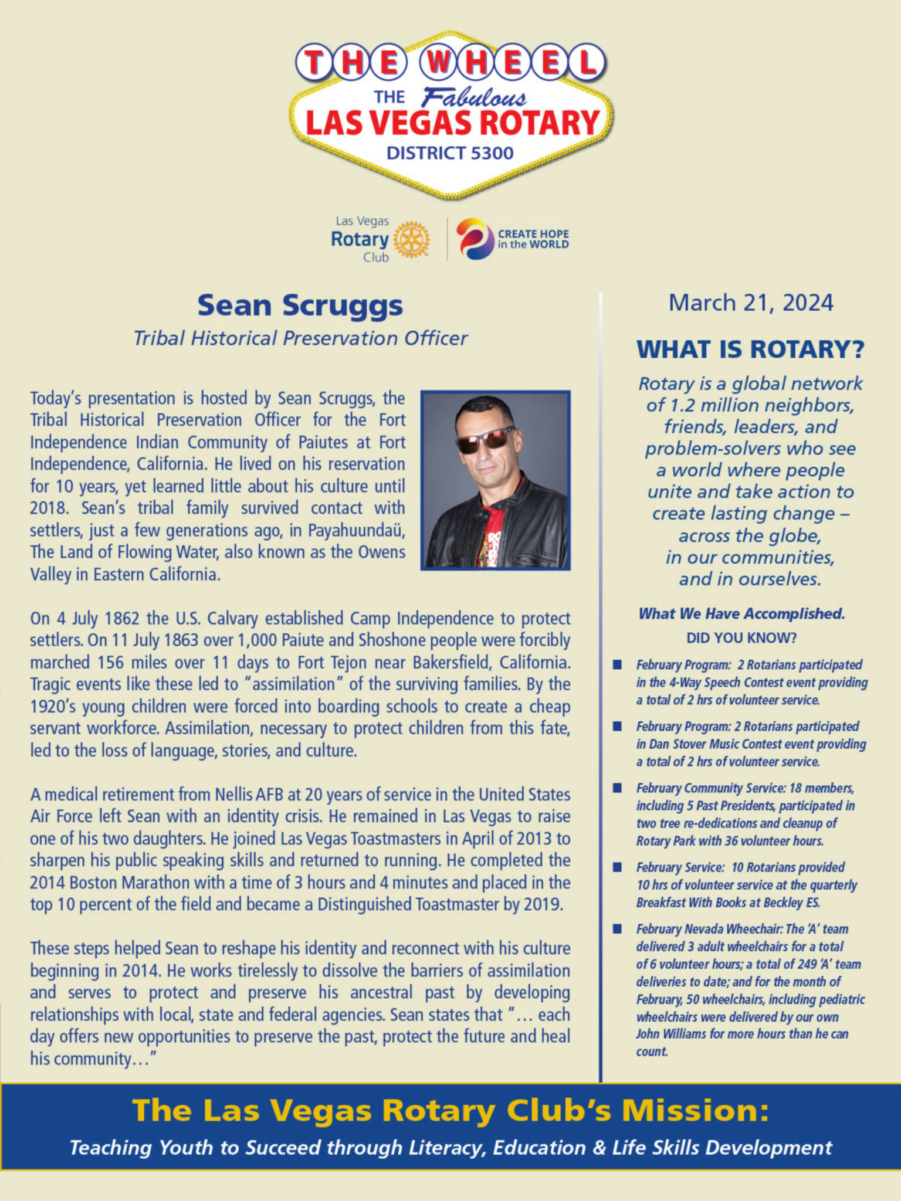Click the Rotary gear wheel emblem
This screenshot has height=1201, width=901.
(411, 239)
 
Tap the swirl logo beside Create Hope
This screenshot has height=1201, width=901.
(475, 239)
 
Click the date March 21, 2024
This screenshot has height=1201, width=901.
(750, 303)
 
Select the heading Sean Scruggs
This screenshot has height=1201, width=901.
(300, 306)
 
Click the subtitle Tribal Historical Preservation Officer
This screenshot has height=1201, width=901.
(300, 338)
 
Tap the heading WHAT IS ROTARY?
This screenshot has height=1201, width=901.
(750, 350)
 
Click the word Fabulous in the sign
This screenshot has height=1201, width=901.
(473, 98)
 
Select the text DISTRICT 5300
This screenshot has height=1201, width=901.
(450, 153)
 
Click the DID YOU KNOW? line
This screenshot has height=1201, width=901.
(741, 638)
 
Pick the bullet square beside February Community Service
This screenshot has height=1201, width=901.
(617, 788)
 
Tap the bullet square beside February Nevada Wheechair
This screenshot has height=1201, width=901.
(617, 929)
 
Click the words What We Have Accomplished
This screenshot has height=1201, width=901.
(741, 613)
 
